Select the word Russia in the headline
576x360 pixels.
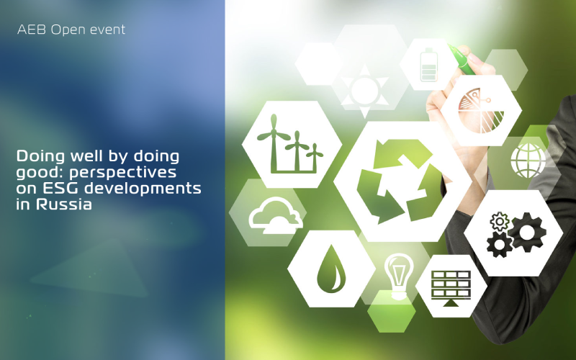[63, 204]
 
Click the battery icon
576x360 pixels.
[428, 65]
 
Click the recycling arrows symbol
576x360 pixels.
[400, 181]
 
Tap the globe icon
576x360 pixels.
[528, 161]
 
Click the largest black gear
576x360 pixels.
[527, 232]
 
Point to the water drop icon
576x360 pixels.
[331, 269]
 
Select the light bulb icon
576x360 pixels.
[399, 276]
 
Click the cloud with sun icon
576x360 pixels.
[276, 216]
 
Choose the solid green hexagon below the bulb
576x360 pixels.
[392, 312]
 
